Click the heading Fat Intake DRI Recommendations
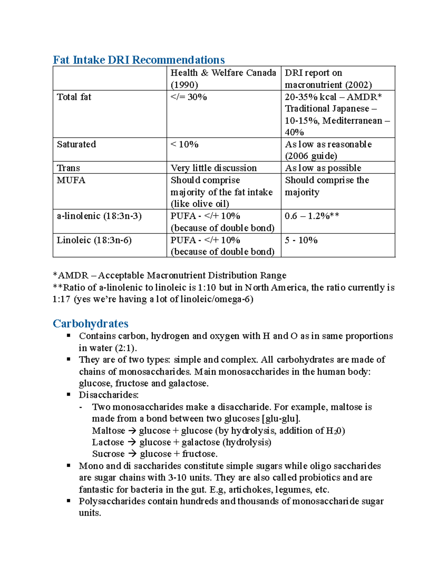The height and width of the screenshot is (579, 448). [x=139, y=60]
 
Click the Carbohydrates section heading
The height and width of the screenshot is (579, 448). [x=90, y=323]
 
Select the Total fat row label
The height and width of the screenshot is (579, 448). [x=74, y=97]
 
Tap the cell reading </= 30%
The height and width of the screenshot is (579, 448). [x=189, y=97]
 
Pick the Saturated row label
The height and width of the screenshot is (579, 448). [x=76, y=144]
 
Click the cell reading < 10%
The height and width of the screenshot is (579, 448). [x=184, y=144]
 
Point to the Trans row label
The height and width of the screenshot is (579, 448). [x=68, y=168]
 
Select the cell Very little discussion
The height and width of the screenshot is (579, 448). [x=214, y=168]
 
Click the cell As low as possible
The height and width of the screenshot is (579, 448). [x=323, y=168]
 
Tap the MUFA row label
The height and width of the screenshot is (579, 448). [x=71, y=180]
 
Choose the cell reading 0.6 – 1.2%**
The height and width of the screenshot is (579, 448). [x=312, y=216]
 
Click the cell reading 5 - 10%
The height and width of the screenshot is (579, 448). [x=301, y=240]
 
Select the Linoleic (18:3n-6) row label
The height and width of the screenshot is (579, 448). [x=94, y=240]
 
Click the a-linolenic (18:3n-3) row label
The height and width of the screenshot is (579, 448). [x=99, y=216]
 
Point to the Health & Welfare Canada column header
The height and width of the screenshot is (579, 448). [x=223, y=73]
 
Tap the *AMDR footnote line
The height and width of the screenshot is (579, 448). [x=169, y=276]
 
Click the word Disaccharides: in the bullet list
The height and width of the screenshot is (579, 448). [x=109, y=395]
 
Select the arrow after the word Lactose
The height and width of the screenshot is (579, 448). [x=131, y=442]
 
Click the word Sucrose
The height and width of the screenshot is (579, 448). [x=108, y=454]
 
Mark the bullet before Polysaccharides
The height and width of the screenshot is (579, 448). [x=69, y=501]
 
